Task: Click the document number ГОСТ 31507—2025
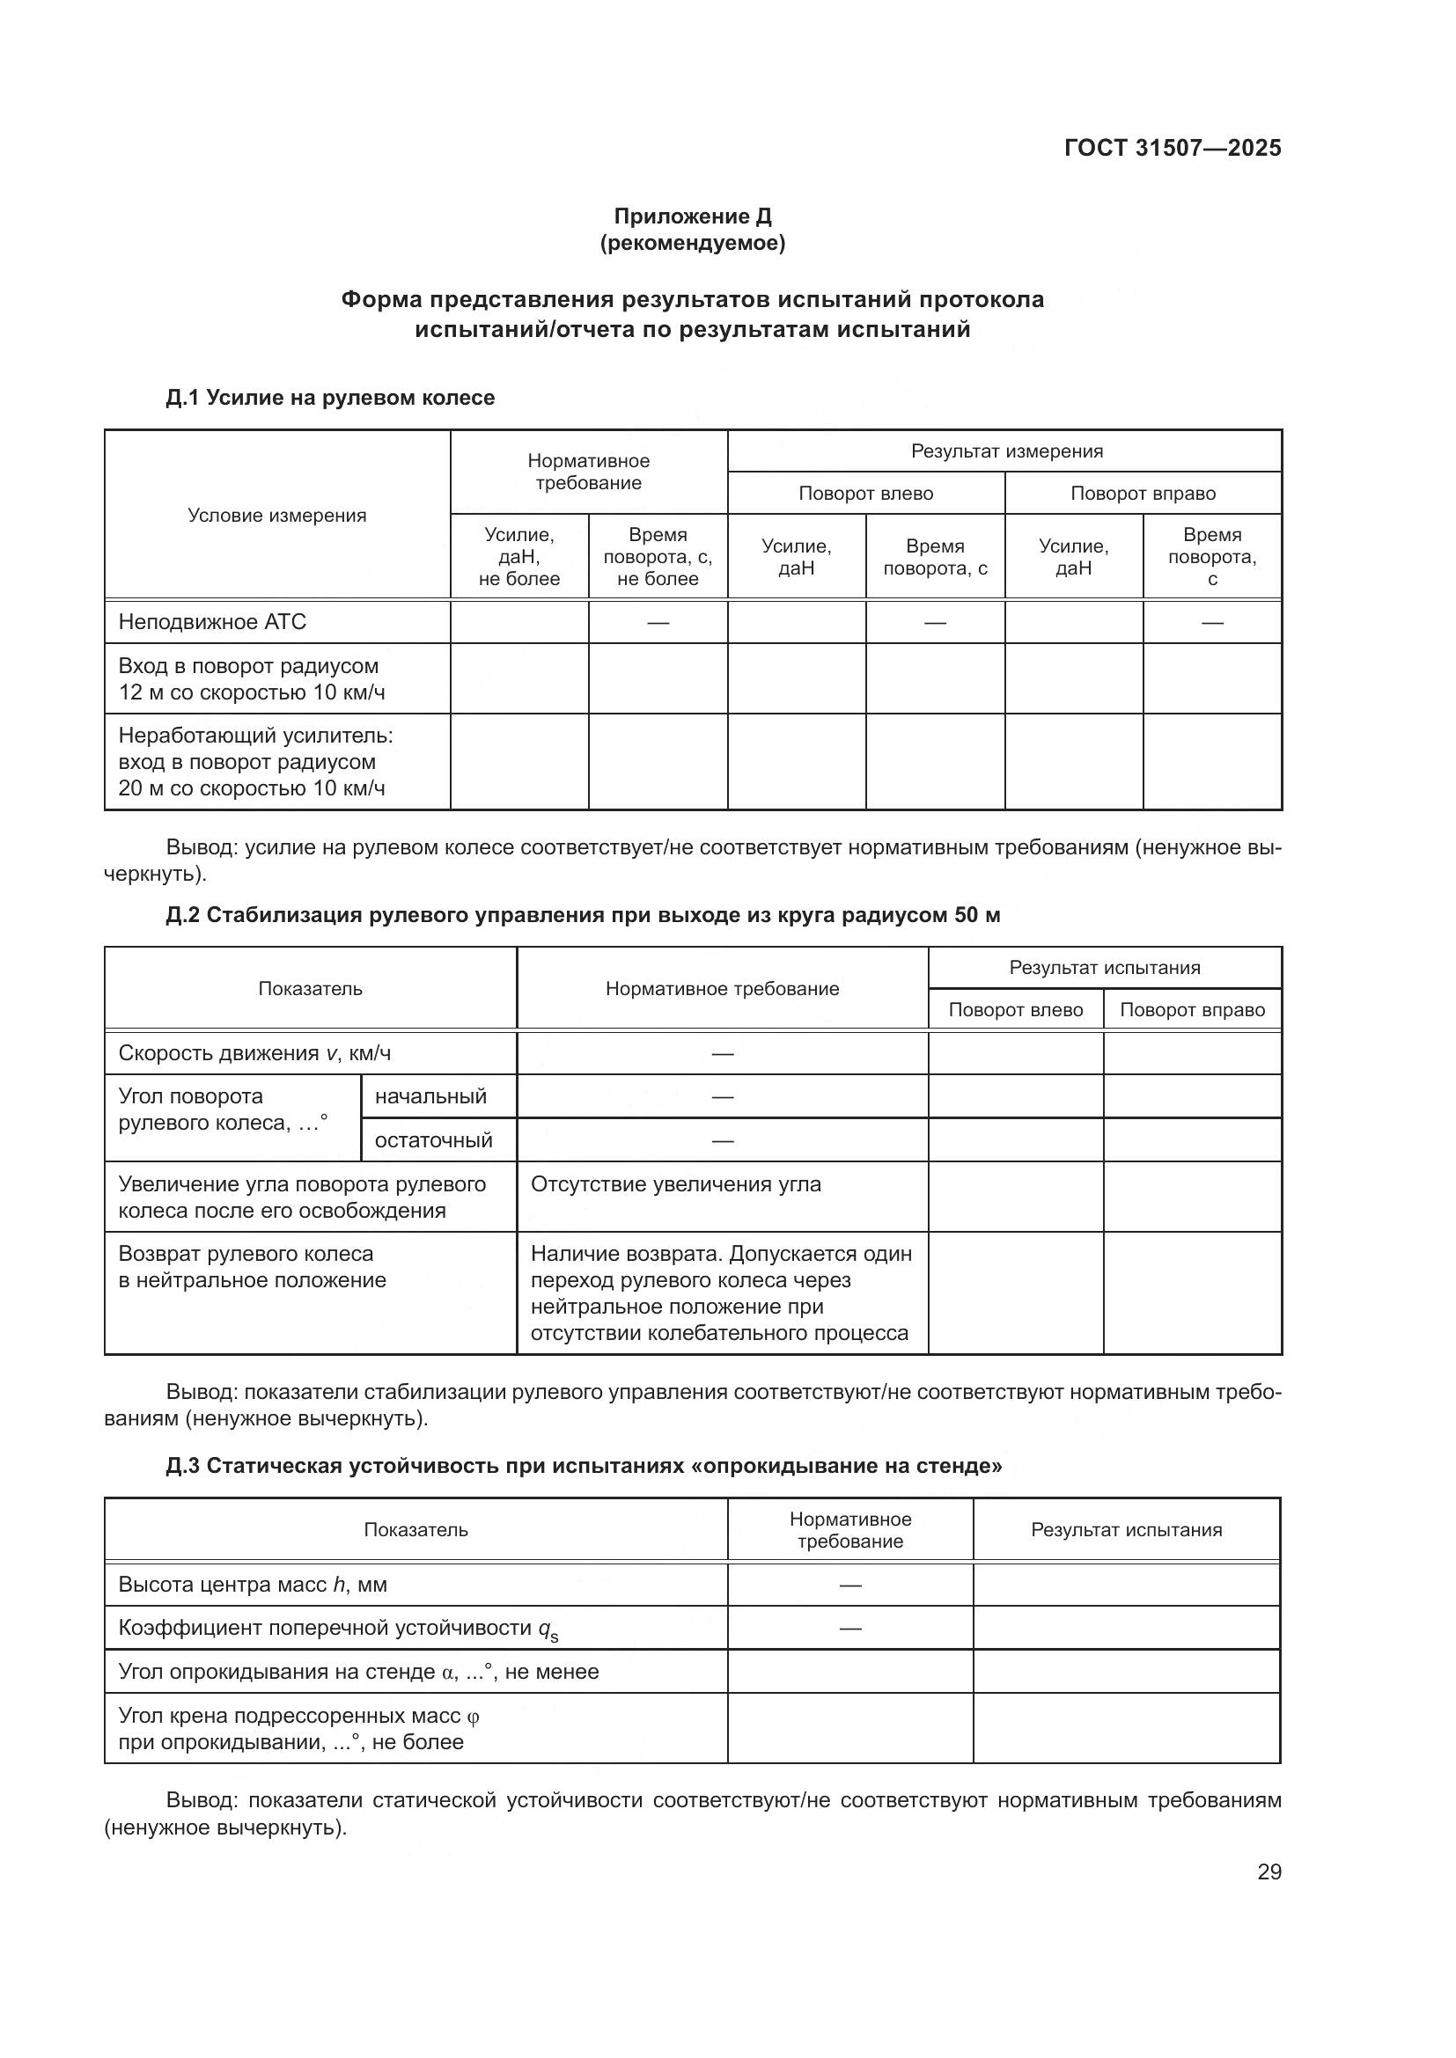click(x=1172, y=148)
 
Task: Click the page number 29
click(x=1268, y=1871)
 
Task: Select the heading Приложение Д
click(x=692, y=216)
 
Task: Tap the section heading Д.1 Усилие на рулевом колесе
click(x=330, y=397)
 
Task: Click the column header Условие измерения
click(x=277, y=516)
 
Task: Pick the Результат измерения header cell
click(x=1006, y=450)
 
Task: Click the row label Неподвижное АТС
click(x=212, y=622)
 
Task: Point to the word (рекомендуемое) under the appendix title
click(x=692, y=243)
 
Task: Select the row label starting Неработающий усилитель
click(x=255, y=762)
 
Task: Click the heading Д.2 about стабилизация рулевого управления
click(x=583, y=915)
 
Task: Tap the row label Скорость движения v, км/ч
click(x=254, y=1053)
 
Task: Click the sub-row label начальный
click(x=430, y=1096)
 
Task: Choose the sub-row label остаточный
click(x=433, y=1140)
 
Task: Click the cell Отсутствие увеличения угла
click(x=676, y=1184)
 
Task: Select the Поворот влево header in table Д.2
click(x=1015, y=1010)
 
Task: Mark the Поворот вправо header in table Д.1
click(x=1143, y=493)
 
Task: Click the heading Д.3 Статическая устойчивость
click(x=583, y=1466)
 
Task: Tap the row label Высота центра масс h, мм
click(x=253, y=1585)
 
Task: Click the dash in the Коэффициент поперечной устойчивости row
click(x=850, y=1628)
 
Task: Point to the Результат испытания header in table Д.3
click(x=1126, y=1530)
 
